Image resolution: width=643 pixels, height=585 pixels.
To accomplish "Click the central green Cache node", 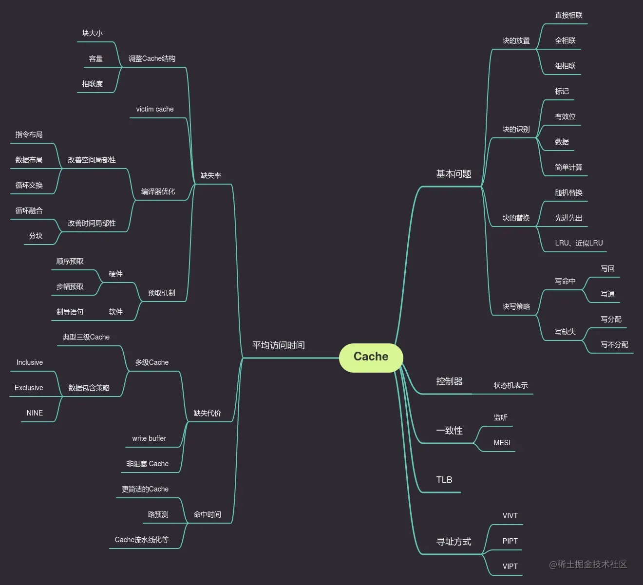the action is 371,357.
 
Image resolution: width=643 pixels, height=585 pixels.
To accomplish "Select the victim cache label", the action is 155,109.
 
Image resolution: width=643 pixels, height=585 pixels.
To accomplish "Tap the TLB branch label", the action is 444,480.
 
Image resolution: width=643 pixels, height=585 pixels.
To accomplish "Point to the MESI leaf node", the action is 502,443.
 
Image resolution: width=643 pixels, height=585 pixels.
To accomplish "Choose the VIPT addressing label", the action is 510,566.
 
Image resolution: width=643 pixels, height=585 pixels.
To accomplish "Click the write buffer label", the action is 149,438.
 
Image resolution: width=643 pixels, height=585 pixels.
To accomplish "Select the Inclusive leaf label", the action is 30,362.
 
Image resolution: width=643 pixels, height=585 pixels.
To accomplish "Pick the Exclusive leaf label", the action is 29,388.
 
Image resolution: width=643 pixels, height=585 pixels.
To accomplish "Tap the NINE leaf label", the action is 35,413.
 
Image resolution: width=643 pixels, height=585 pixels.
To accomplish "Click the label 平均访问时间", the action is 278,345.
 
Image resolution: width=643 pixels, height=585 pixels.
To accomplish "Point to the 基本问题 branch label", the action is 454,174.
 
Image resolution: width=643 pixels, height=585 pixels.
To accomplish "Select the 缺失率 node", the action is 210,175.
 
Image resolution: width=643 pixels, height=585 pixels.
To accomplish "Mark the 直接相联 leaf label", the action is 568,15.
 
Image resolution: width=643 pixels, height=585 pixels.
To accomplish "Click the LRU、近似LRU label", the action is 579,243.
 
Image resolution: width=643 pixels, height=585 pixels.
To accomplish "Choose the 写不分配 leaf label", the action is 614,344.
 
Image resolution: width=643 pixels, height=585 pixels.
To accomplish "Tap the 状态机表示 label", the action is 511,385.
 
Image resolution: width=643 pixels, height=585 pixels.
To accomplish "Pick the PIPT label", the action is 510,541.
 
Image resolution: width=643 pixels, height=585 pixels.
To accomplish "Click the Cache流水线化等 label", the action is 142,540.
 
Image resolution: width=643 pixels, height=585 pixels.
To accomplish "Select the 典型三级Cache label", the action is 86,337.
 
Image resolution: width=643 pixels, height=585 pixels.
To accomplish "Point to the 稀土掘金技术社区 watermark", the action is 588,565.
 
